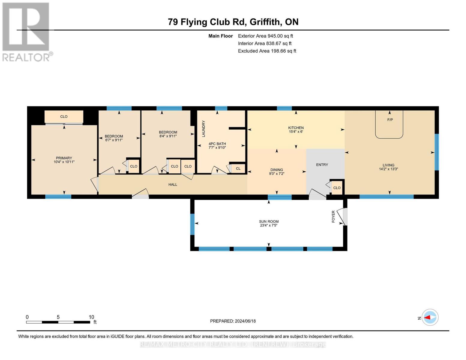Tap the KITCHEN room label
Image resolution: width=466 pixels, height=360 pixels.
[x=296, y=128]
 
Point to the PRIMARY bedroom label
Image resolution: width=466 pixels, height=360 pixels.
[x=64, y=158]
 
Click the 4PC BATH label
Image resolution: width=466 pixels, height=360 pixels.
[x=217, y=144]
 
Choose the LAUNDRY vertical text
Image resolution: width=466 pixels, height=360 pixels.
[x=203, y=129]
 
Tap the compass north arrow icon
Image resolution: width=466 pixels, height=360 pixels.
[x=430, y=317]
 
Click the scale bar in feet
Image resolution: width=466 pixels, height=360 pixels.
[x=58, y=322]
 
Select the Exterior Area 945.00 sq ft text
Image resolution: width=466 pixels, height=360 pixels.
[x=265, y=36]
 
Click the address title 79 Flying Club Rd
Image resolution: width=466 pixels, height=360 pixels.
[x=233, y=22]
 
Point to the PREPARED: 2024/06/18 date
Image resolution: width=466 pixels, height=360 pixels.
[x=233, y=321]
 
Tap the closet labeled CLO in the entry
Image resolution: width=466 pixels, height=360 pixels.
[x=337, y=188]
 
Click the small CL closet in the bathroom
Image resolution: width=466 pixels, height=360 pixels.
[x=238, y=169]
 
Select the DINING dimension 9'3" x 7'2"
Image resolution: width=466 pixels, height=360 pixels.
[x=276, y=174]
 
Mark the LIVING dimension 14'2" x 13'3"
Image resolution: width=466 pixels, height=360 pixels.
[x=388, y=169]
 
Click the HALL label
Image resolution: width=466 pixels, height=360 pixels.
[x=173, y=184]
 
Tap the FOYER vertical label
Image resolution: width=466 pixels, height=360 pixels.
[x=333, y=217]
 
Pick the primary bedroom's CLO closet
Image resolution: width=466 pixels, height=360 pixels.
[x=64, y=117]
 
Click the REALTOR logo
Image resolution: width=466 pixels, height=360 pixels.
[x=26, y=31]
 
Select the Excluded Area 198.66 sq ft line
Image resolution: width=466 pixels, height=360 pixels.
[x=267, y=51]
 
